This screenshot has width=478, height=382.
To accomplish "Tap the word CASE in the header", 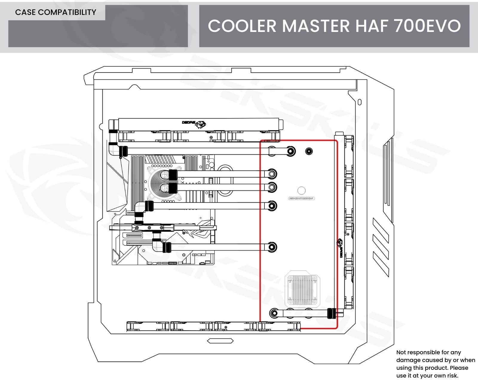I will click(26, 12).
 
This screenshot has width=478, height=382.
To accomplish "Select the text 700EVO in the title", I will click(427, 26).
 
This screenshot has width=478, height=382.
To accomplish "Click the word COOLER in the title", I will click(242, 26).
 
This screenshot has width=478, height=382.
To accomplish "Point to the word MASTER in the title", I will click(316, 26).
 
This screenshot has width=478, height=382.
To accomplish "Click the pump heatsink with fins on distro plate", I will click(302, 289).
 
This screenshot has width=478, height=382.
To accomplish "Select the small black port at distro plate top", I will click(309, 151).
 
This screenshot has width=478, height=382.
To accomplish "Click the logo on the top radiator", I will click(194, 123).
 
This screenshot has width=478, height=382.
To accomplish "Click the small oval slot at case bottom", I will click(220, 341).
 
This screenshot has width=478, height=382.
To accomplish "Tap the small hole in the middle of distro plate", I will click(302, 190).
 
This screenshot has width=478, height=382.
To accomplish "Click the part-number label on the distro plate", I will click(302, 198).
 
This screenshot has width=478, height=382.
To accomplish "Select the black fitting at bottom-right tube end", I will click(331, 314).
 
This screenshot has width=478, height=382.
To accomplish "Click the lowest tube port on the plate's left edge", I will click(274, 313).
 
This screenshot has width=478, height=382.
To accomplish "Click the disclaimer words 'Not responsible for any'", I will click(428, 352).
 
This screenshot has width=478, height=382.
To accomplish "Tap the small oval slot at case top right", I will click(360, 102).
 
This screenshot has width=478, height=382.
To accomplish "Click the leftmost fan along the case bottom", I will click(148, 326).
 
